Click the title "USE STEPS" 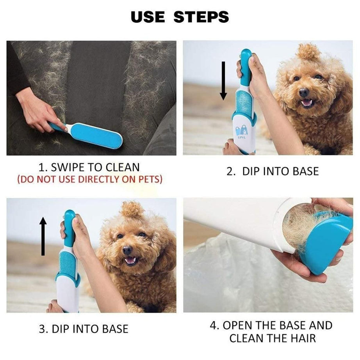point(180,17)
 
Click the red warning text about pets point(89,180)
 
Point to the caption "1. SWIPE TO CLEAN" point(89,168)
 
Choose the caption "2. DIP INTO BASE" point(273,171)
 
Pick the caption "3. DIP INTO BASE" point(84,328)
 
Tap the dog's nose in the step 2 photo point(304,93)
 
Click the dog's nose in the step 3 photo point(127,250)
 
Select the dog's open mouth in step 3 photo point(130,260)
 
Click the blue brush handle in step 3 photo point(69,225)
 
